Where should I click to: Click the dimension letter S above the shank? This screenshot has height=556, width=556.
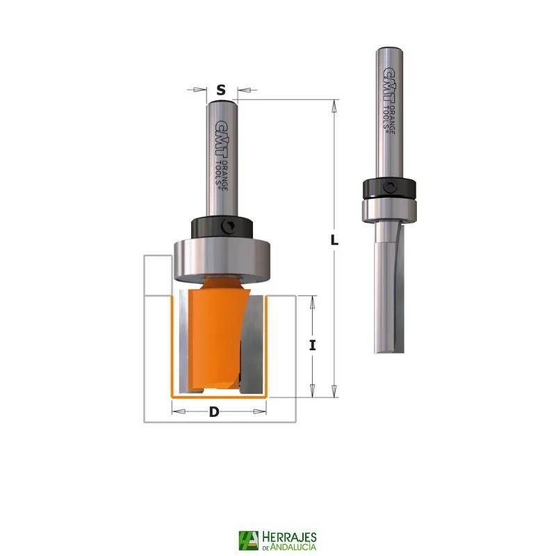coord(221,90)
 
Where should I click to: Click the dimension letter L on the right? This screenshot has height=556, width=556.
coord(334,240)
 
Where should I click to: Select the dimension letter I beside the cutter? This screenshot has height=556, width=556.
coord(312,345)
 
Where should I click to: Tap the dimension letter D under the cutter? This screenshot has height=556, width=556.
coord(214,412)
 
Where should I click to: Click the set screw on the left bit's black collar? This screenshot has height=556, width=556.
coord(227,227)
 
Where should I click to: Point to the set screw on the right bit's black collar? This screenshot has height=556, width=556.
coord(390,187)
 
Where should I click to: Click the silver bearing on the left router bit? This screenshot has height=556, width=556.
coord(222,261)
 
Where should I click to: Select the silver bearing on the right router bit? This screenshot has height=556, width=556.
coord(389,211)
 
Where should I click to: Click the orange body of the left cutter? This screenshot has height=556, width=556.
coord(215,335)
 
